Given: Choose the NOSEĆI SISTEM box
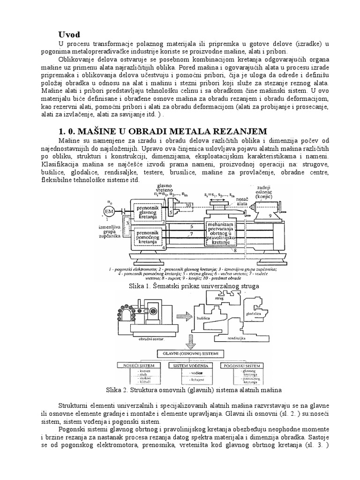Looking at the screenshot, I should pos(144,365).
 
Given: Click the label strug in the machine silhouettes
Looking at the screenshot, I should pos(219,298).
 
